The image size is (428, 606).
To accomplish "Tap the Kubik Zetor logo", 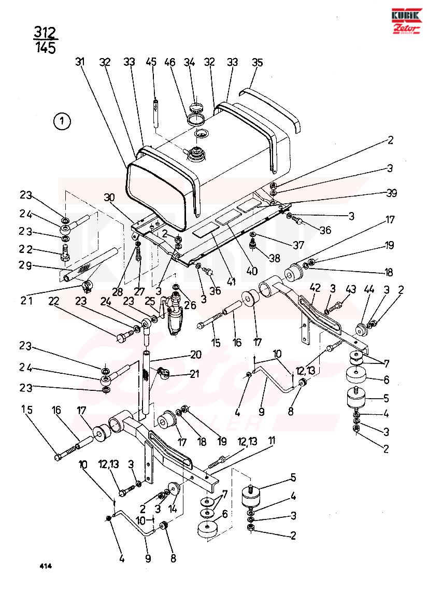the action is coord(406,21).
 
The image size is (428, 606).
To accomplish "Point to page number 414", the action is coord(45,566).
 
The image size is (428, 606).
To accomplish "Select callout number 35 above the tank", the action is coord(257,62).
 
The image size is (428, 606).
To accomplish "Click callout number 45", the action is coord(151,62).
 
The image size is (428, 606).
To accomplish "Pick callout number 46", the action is coord(169,62).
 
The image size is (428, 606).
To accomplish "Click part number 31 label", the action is coord(80,62).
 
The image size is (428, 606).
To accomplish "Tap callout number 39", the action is coord(391,193).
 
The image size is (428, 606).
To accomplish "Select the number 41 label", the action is coord(231,282).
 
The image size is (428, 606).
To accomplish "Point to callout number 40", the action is coord(252,271).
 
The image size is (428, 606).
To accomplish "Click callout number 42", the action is coord(315,288).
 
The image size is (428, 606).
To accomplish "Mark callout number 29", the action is coord(26,266).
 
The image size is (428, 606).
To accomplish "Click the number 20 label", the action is coord(196,355).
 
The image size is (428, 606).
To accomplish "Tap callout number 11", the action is coord(273,441).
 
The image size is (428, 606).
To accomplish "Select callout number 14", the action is coord(172,509).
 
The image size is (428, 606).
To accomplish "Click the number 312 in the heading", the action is coord(45,33).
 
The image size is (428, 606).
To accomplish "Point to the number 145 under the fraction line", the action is coord(46,48).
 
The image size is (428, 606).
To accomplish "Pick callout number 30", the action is coord(109,197).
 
